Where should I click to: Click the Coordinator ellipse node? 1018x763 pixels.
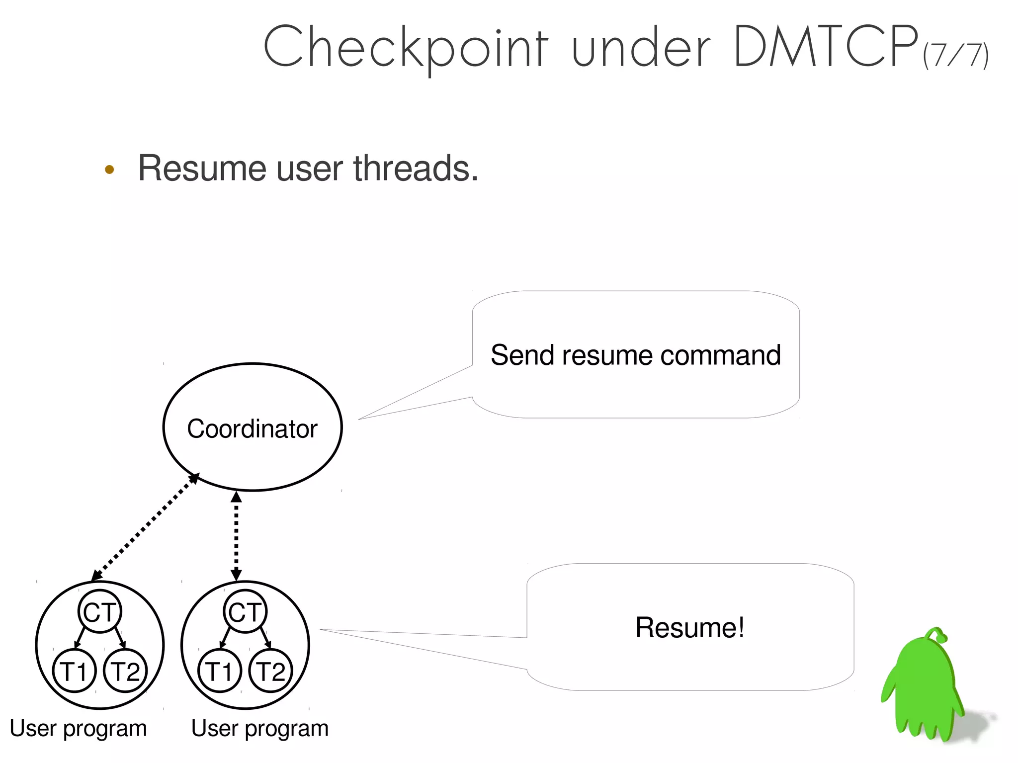pyautogui.click(x=253, y=427)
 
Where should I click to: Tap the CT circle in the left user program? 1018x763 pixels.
pyautogui.click(x=100, y=611)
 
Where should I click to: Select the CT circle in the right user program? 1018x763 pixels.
pyautogui.click(x=245, y=611)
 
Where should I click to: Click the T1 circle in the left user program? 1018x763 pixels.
pyautogui.click(x=74, y=671)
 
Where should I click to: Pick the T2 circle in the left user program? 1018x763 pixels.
pyautogui.click(x=125, y=671)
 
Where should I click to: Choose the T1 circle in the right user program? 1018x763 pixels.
pyautogui.click(x=219, y=671)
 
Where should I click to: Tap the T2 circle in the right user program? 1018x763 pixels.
pyautogui.click(x=271, y=671)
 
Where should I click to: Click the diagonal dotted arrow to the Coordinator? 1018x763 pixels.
pyautogui.click(x=145, y=527)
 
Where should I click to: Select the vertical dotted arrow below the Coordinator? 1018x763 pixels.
pyautogui.click(x=237, y=536)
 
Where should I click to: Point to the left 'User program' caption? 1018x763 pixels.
pyautogui.click(x=79, y=729)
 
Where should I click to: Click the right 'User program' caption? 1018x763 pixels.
pyautogui.click(x=260, y=729)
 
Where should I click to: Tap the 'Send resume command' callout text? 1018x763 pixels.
pyautogui.click(x=635, y=355)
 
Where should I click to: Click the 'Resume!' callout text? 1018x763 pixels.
pyautogui.click(x=690, y=627)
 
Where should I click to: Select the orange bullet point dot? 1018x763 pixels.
pyautogui.click(x=109, y=170)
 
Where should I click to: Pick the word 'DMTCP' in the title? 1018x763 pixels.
pyautogui.click(x=825, y=47)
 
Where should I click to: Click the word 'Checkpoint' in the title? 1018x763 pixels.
pyautogui.click(x=406, y=48)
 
